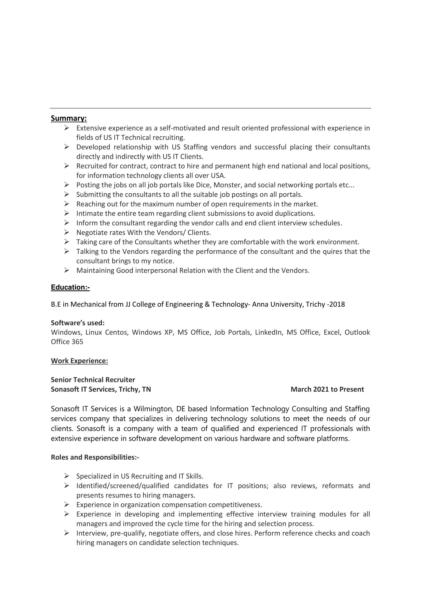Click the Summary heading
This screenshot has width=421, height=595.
click(x=69, y=118)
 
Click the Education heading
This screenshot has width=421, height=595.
click(x=70, y=287)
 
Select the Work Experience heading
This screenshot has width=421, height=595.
click(x=79, y=361)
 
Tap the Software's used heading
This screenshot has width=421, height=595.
click(x=78, y=323)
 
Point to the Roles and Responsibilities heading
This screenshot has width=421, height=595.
click(x=95, y=457)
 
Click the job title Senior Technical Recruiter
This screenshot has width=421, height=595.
click(x=93, y=380)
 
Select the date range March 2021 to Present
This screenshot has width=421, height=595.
click(x=327, y=389)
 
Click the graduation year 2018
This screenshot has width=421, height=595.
click(x=337, y=304)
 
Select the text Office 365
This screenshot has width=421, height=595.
click(x=67, y=342)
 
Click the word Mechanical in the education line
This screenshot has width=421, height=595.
click(x=88, y=304)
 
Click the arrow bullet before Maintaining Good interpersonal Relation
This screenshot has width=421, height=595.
click(x=67, y=270)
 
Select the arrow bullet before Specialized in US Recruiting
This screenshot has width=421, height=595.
click(x=67, y=476)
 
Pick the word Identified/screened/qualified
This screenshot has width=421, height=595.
click(x=123, y=486)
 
